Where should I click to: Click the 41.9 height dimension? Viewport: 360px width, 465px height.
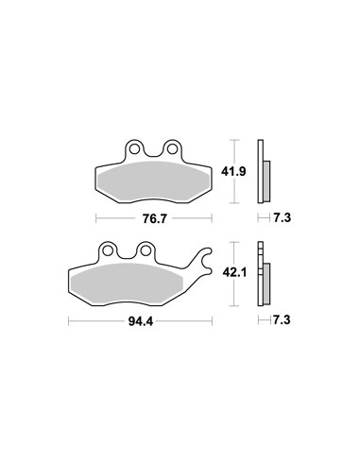[233, 172]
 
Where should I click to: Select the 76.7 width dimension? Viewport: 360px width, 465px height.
[154, 218]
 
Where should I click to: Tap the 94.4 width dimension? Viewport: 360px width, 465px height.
[141, 321]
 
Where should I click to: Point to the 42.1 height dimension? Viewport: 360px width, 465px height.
[234, 272]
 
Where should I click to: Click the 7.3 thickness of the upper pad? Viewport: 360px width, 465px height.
[282, 217]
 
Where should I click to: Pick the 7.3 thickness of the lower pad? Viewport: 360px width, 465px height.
[282, 320]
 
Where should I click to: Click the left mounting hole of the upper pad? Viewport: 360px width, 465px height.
[134, 148]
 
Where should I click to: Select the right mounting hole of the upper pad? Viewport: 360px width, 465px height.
[172, 148]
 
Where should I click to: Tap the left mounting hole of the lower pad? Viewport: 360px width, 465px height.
[108, 250]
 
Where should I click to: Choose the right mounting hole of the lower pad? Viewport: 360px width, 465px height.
[146, 250]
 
